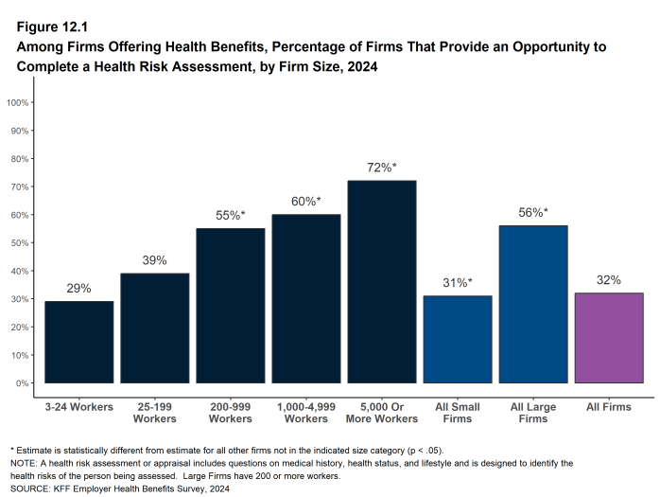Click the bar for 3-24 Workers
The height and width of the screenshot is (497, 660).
point(78,342)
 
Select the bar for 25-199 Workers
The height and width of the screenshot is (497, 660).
point(154,328)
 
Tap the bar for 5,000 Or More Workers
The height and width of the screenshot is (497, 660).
point(381,281)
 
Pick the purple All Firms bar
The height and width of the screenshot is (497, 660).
point(609,338)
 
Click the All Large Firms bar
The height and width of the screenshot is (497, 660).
point(533,304)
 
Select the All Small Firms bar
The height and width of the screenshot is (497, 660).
point(458,339)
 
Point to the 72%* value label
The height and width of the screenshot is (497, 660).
point(381,168)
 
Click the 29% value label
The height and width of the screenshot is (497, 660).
point(78,288)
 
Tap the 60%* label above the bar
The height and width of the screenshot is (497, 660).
point(305,201)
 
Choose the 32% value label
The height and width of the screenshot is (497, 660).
point(609,280)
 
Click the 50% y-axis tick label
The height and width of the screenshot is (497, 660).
point(18,243)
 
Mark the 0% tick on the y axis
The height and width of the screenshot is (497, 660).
point(21,383)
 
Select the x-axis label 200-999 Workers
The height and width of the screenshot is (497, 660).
point(230,412)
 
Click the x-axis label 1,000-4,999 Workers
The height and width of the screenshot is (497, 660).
point(305,412)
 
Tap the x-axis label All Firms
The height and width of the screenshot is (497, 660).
point(609,406)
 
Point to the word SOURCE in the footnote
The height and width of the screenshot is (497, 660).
point(30,488)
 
